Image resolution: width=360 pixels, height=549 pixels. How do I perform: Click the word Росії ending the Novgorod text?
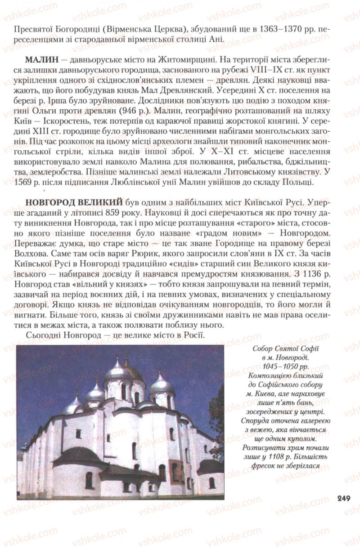193,335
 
